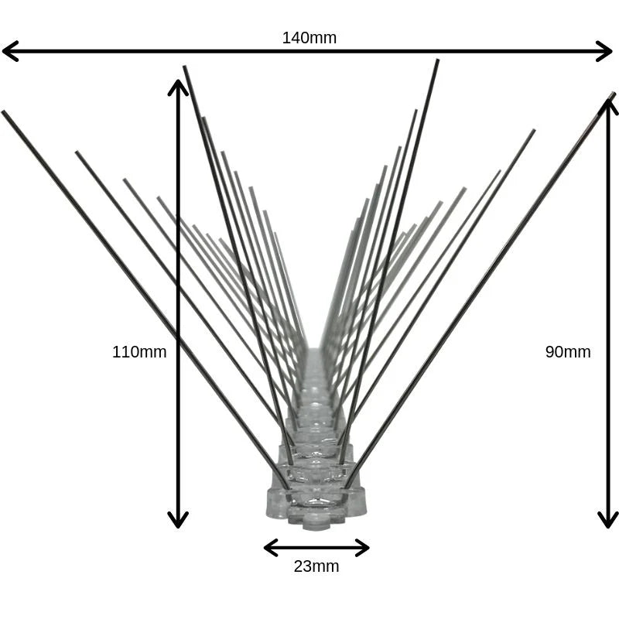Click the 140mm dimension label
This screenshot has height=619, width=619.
point(309,38)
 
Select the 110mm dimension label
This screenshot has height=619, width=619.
point(139,352)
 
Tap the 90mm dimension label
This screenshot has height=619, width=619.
point(568,352)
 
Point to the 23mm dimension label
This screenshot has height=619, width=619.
point(316,566)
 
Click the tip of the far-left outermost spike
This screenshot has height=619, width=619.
point(3,112)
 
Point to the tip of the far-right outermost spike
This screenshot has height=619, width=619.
point(614,94)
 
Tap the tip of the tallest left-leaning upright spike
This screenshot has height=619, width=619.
point(184,67)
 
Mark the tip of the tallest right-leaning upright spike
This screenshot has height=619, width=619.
point(437,60)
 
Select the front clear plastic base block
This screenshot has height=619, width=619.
point(316,504)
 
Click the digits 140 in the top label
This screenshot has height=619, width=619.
point(295,38)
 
